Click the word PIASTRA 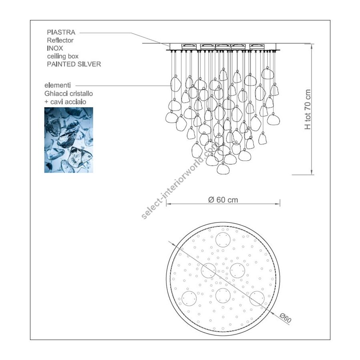tap(61, 32)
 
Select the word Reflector tap(60, 40)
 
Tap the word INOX tap(55, 48)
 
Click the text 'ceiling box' tap(63, 56)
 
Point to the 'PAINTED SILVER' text tap(74, 64)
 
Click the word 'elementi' tap(58, 86)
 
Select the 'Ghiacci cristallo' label tap(69, 94)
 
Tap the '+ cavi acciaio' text tap(65, 102)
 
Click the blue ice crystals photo tap(69, 140)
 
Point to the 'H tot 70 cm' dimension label tap(308, 109)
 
